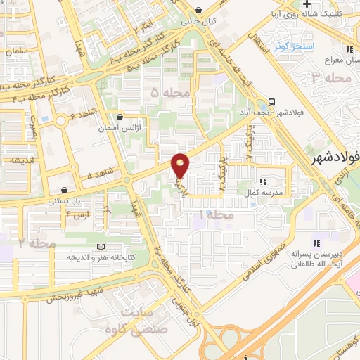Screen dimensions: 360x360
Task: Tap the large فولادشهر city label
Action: click(x=335, y=160)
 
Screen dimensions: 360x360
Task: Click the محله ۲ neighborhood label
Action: click(x=37, y=243)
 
